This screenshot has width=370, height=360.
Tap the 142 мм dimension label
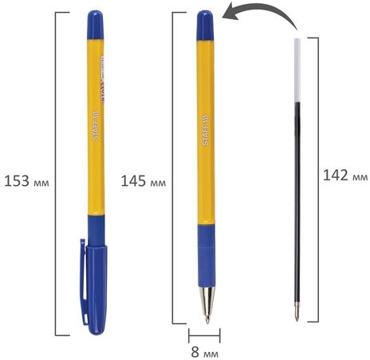(x=344, y=176)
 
